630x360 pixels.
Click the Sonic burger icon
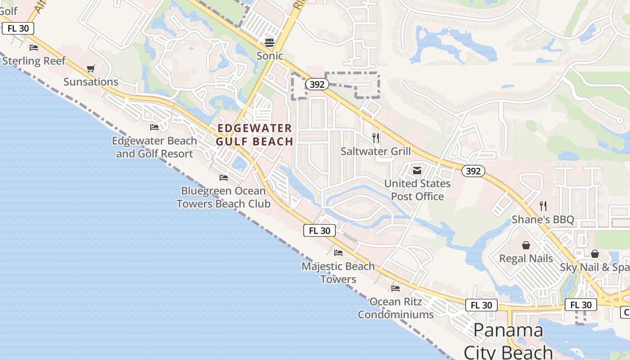click(270, 43)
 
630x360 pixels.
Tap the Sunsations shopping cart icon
click(91, 69)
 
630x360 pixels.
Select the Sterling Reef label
click(34, 61)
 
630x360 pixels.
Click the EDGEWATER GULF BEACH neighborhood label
click(255, 135)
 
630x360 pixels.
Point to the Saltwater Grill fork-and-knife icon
click(376, 138)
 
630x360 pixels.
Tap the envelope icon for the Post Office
click(417, 171)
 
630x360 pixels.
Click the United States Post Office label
click(417, 190)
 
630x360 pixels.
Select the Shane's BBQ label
click(543, 220)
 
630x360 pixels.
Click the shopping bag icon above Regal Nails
click(526, 245)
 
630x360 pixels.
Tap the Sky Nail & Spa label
click(594, 267)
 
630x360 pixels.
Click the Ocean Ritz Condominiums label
click(396, 308)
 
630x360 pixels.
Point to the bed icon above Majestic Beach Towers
click(338, 253)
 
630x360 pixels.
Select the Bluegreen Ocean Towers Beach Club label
click(224, 197)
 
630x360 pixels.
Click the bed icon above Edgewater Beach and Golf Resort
click(154, 127)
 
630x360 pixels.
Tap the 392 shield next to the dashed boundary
click(317, 84)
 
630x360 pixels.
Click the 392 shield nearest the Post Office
click(473, 171)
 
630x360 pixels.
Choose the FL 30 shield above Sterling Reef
click(18, 28)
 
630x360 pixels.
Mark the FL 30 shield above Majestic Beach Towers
click(319, 231)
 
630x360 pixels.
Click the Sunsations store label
click(91, 82)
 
